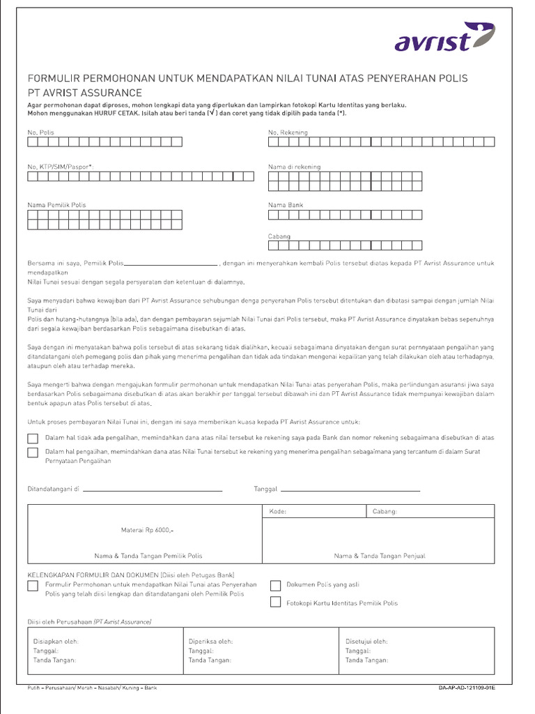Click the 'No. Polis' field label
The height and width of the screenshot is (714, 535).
(x=40, y=132)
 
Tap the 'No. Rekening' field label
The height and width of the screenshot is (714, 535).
(x=288, y=132)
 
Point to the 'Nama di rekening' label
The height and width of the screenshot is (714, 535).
(x=295, y=167)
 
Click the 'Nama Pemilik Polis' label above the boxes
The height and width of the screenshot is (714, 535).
(x=56, y=205)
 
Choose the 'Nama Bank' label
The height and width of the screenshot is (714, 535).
(x=286, y=205)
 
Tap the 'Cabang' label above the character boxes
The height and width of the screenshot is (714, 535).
(x=279, y=236)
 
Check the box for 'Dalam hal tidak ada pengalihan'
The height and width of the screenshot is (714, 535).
(x=33, y=439)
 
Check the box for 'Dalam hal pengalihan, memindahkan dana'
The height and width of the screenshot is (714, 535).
(x=33, y=453)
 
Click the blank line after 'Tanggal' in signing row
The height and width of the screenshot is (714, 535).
(x=350, y=490)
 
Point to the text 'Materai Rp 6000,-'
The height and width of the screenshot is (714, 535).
(x=147, y=530)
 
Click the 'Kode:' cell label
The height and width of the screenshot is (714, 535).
(x=277, y=511)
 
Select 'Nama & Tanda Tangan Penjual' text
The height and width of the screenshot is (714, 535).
(x=380, y=556)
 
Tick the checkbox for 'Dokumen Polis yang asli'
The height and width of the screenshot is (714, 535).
(x=275, y=585)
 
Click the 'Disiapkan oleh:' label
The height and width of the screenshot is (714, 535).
(x=56, y=641)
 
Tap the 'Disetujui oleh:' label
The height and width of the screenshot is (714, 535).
(x=366, y=641)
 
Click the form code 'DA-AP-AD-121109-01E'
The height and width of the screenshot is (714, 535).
(x=467, y=688)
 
